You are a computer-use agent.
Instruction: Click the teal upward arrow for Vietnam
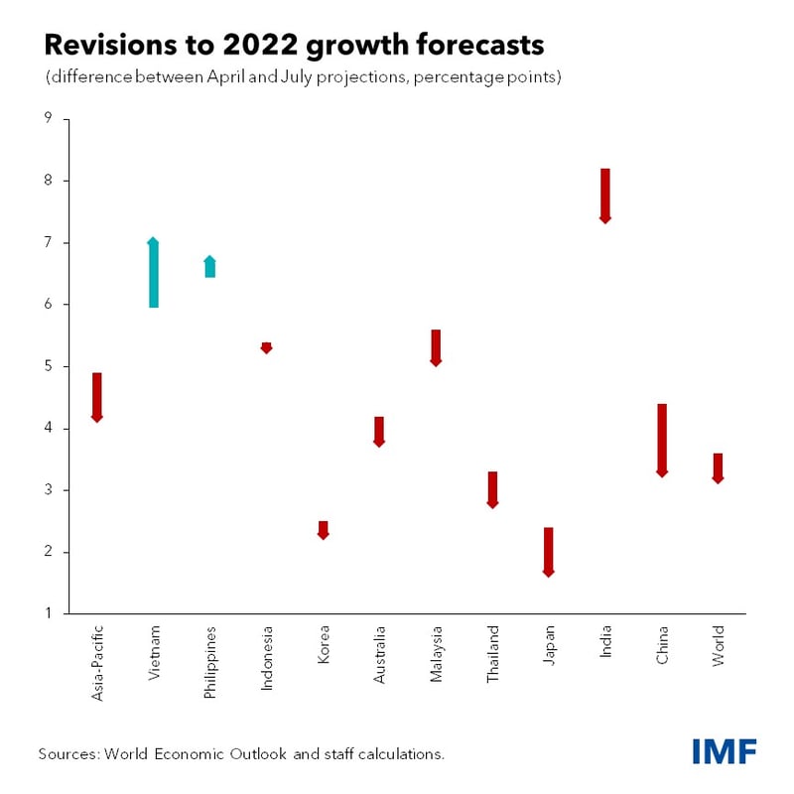[153, 273]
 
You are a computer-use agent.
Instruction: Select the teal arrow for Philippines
[209, 266]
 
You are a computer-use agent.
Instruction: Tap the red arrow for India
[604, 196]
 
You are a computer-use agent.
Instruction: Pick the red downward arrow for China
[662, 440]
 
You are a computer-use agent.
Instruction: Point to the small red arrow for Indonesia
[266, 347]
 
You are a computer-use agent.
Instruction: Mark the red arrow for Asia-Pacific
[96, 397]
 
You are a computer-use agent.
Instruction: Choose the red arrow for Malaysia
[436, 347]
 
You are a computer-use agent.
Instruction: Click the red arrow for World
[718, 467]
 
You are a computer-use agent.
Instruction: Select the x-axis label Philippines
[209, 660]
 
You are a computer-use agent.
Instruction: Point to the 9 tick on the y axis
[48, 119]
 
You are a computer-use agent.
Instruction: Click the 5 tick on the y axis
[48, 366]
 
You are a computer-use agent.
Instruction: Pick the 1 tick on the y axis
[48, 613]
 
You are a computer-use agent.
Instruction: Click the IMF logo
[724, 751]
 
